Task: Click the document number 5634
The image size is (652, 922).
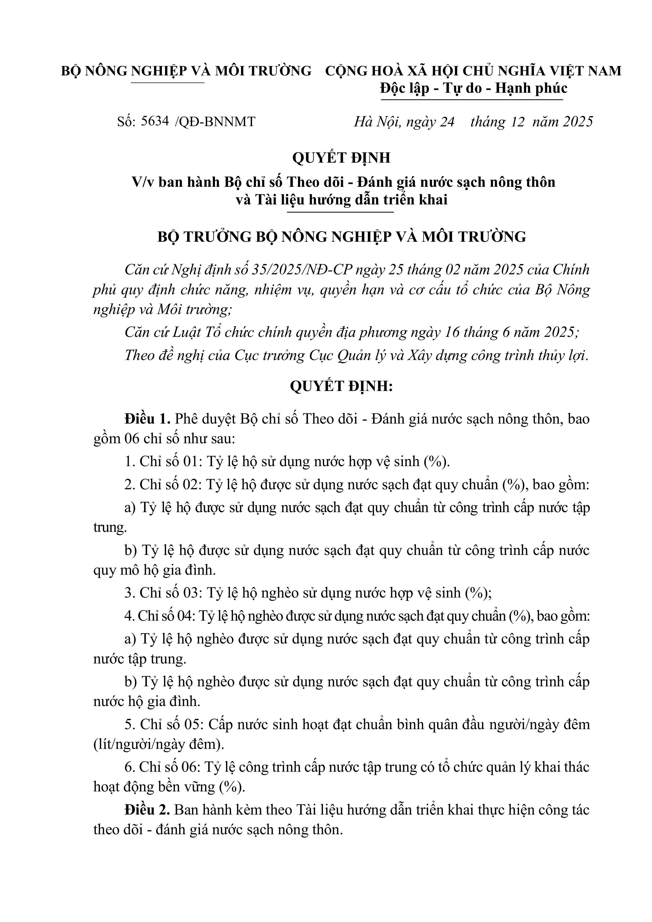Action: [155, 121]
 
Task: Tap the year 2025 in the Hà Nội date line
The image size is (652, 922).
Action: [578, 122]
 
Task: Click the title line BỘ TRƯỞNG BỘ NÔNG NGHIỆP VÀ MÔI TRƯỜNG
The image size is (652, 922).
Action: [341, 237]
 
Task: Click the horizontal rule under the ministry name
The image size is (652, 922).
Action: [168, 83]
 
